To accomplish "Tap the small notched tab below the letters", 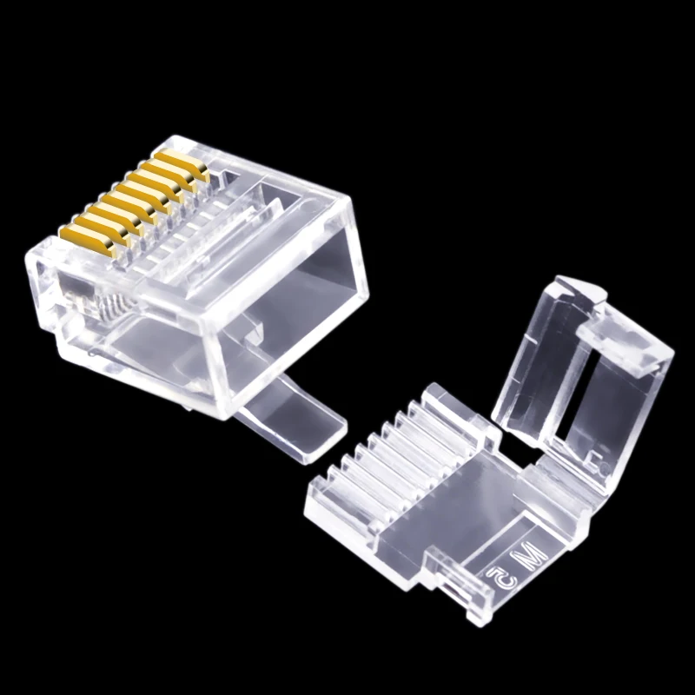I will pos(465,599).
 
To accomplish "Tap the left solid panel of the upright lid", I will pos(530,365).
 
